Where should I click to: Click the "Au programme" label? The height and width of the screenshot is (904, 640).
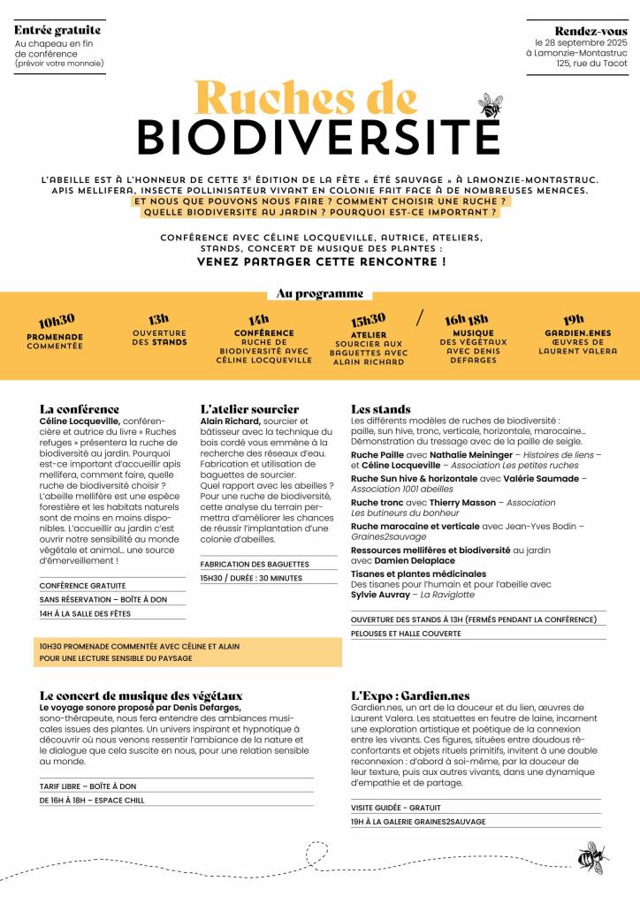(320, 293)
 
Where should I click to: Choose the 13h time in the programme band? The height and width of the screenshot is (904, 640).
(158, 318)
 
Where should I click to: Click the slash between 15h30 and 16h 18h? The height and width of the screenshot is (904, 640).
(420, 317)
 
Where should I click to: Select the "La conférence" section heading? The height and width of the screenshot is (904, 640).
(80, 409)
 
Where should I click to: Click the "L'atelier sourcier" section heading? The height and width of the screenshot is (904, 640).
(249, 409)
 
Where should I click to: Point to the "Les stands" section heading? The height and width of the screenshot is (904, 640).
(381, 409)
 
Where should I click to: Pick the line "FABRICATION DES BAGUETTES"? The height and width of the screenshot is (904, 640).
(255, 564)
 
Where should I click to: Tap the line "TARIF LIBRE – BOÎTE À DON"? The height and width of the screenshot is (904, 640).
(88, 786)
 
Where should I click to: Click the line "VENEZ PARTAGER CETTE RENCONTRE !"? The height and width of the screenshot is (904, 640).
(320, 262)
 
